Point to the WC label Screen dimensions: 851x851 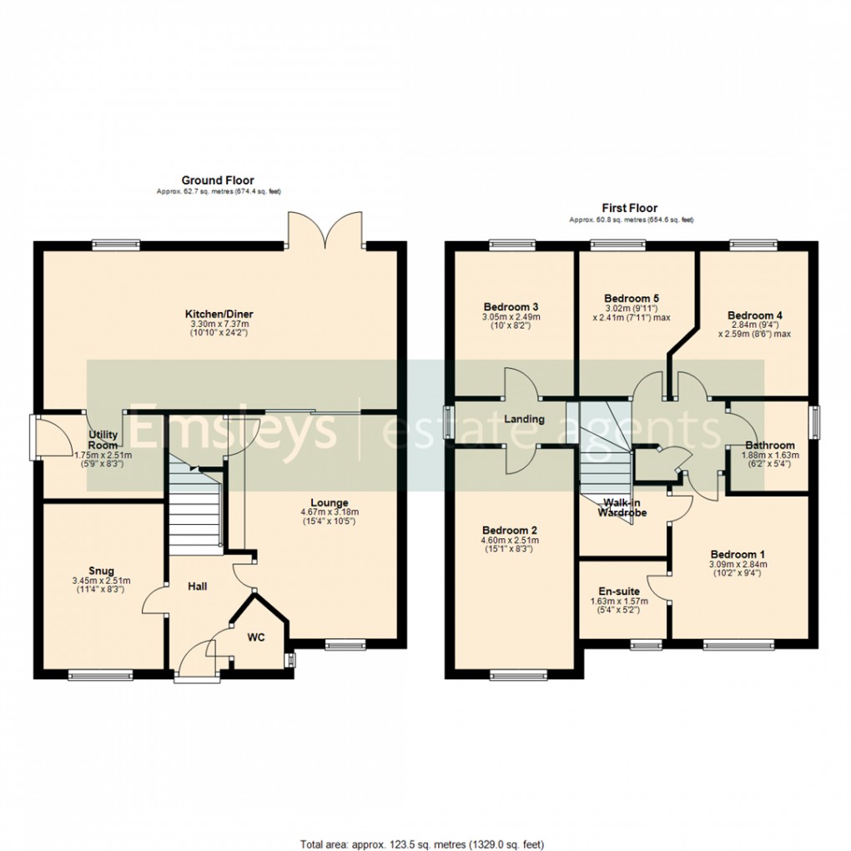pos(255,637)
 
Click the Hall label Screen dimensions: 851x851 pos(197,587)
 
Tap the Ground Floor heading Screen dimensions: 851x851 pos(218,180)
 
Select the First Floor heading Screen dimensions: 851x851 pos(630,208)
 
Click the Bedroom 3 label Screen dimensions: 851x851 pos(510,306)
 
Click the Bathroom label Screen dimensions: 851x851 pos(770,445)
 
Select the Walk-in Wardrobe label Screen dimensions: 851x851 pos(622,507)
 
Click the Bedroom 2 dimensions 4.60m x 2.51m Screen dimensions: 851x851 pos(510,541)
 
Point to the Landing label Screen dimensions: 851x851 pos(525,419)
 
